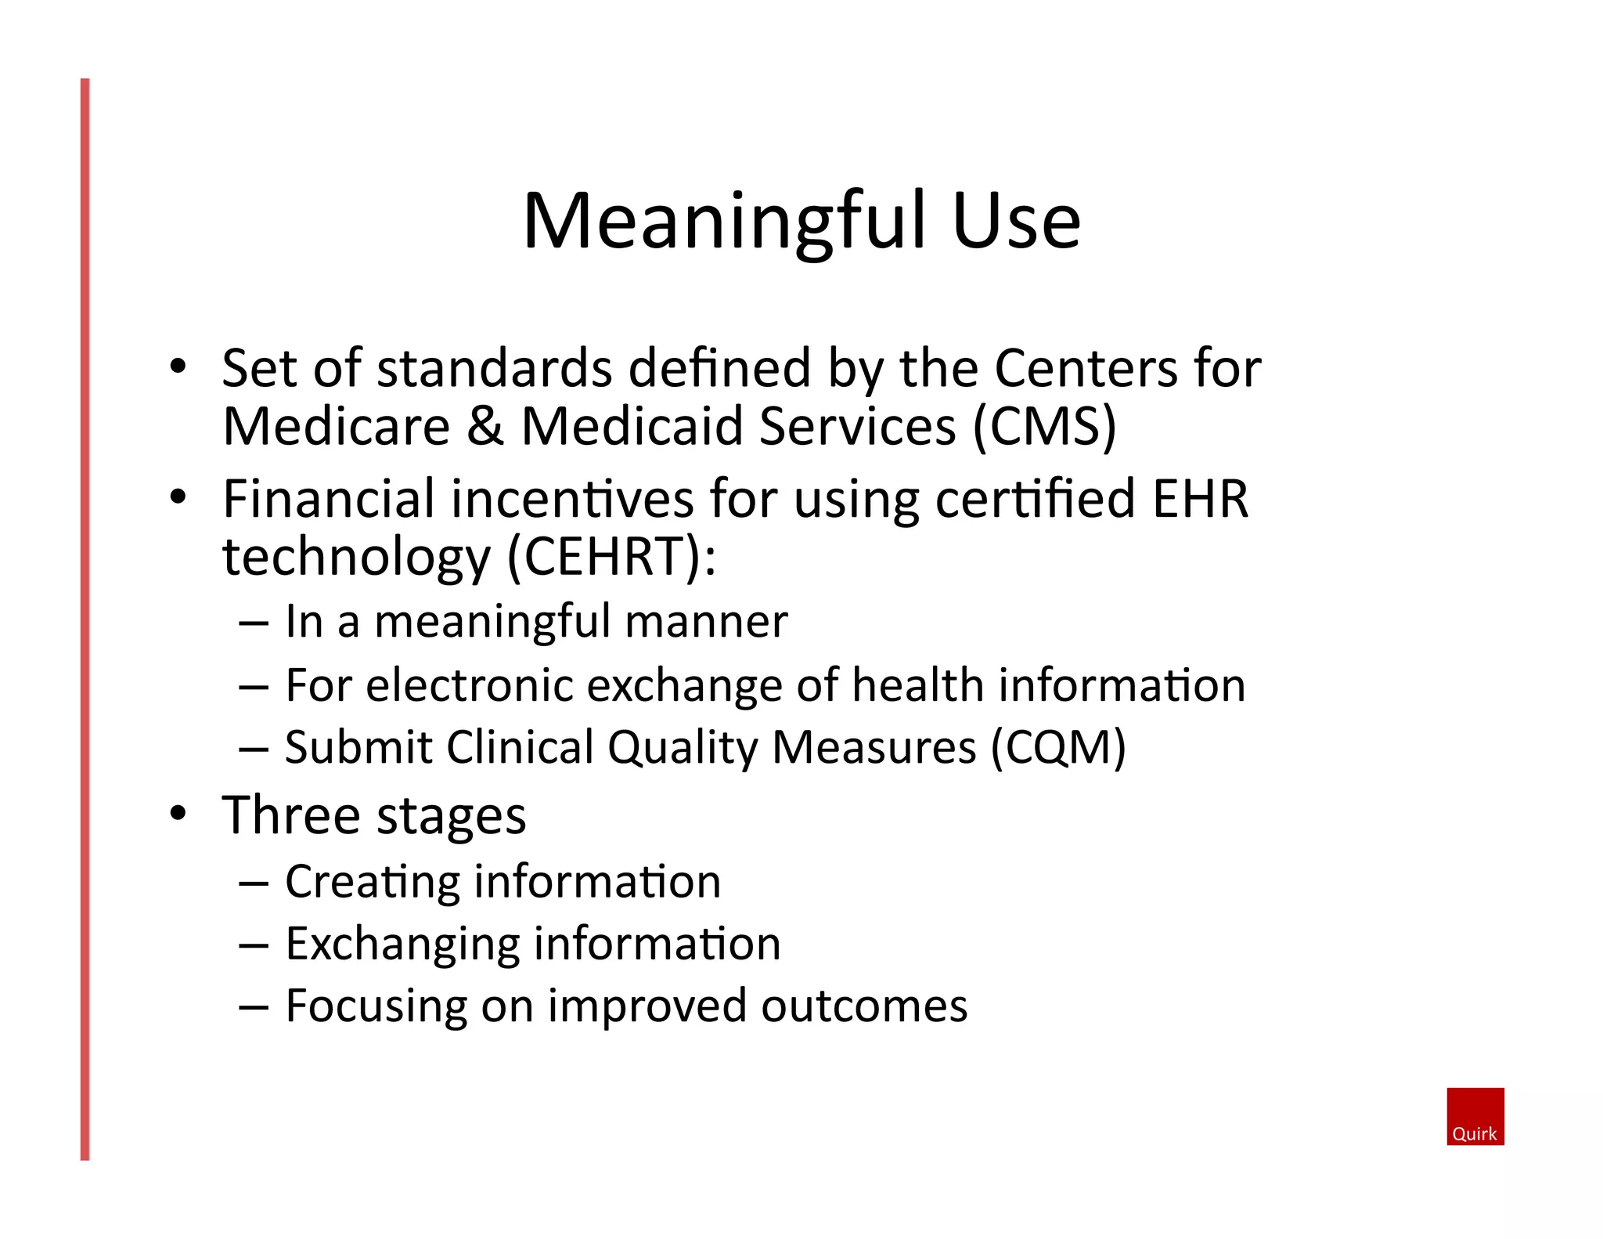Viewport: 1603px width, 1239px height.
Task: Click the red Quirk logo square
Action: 1475,1116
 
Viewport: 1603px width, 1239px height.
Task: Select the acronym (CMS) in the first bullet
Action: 1044,427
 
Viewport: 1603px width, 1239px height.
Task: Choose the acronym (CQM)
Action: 1058,748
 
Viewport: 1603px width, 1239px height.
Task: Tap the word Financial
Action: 329,499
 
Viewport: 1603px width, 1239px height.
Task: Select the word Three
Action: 290,816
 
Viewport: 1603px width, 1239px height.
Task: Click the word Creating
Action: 372,883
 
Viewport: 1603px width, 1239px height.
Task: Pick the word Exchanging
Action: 402,945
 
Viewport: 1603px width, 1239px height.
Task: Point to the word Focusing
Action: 376,1007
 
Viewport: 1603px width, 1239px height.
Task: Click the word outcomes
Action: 864,1007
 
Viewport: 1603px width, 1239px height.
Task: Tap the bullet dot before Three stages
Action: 178,814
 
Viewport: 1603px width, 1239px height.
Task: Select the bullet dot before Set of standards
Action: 178,366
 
